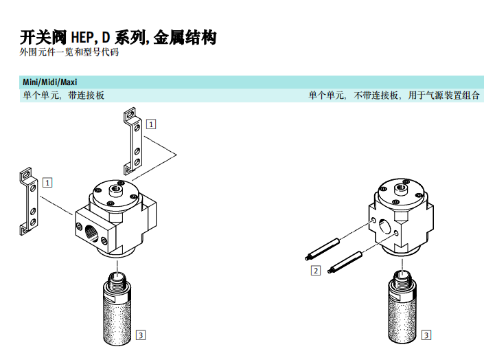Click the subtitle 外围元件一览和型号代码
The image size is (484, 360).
click(69, 52)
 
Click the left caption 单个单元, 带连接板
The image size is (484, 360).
click(63, 95)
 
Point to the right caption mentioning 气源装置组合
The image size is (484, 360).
click(394, 95)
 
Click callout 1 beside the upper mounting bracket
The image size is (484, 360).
click(151, 124)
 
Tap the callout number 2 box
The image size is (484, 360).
click(316, 270)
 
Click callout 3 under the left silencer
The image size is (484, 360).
click(141, 335)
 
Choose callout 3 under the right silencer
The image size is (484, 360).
click(426, 335)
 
